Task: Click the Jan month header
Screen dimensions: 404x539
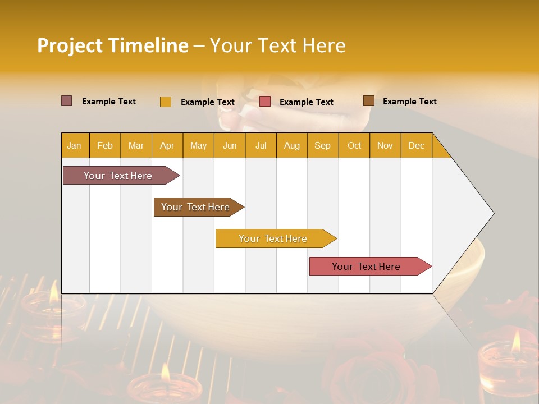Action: pos(74,145)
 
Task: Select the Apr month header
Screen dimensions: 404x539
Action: pos(167,145)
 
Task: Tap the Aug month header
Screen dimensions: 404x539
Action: pos(292,145)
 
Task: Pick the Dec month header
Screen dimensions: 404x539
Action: pos(416,145)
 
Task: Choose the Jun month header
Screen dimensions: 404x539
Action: pos(230,145)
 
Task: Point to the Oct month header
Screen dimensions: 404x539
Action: pos(354,145)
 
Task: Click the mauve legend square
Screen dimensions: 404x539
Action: pos(66,101)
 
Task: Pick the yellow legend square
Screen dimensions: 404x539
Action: pos(165,102)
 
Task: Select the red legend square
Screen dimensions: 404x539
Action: pos(265,102)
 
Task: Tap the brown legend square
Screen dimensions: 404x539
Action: pos(368,101)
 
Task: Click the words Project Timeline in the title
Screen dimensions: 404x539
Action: pos(112,45)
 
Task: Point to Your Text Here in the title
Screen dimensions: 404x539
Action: pos(277,45)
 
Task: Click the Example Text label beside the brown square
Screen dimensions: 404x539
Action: pos(409,102)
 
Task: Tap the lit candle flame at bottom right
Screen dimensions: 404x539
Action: pos(515,341)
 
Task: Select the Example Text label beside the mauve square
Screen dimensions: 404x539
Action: pos(108,102)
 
